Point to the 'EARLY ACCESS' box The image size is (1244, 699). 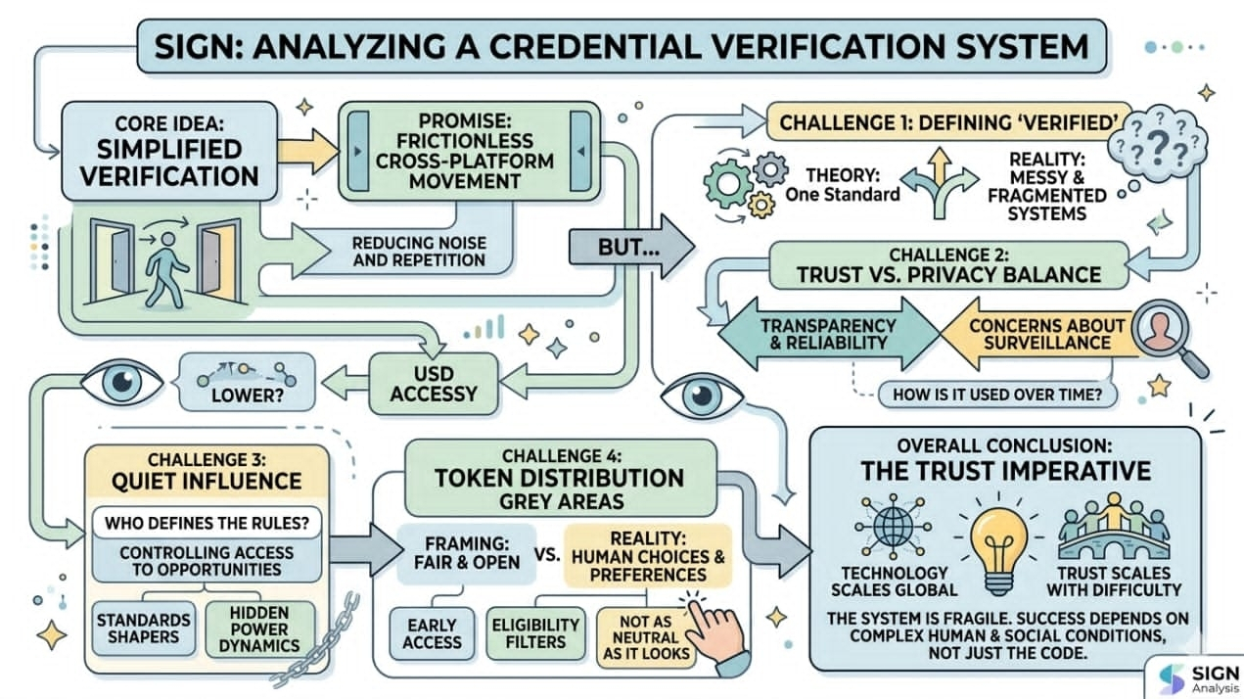click(x=432, y=632)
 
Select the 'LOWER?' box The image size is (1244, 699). click(x=246, y=383)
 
